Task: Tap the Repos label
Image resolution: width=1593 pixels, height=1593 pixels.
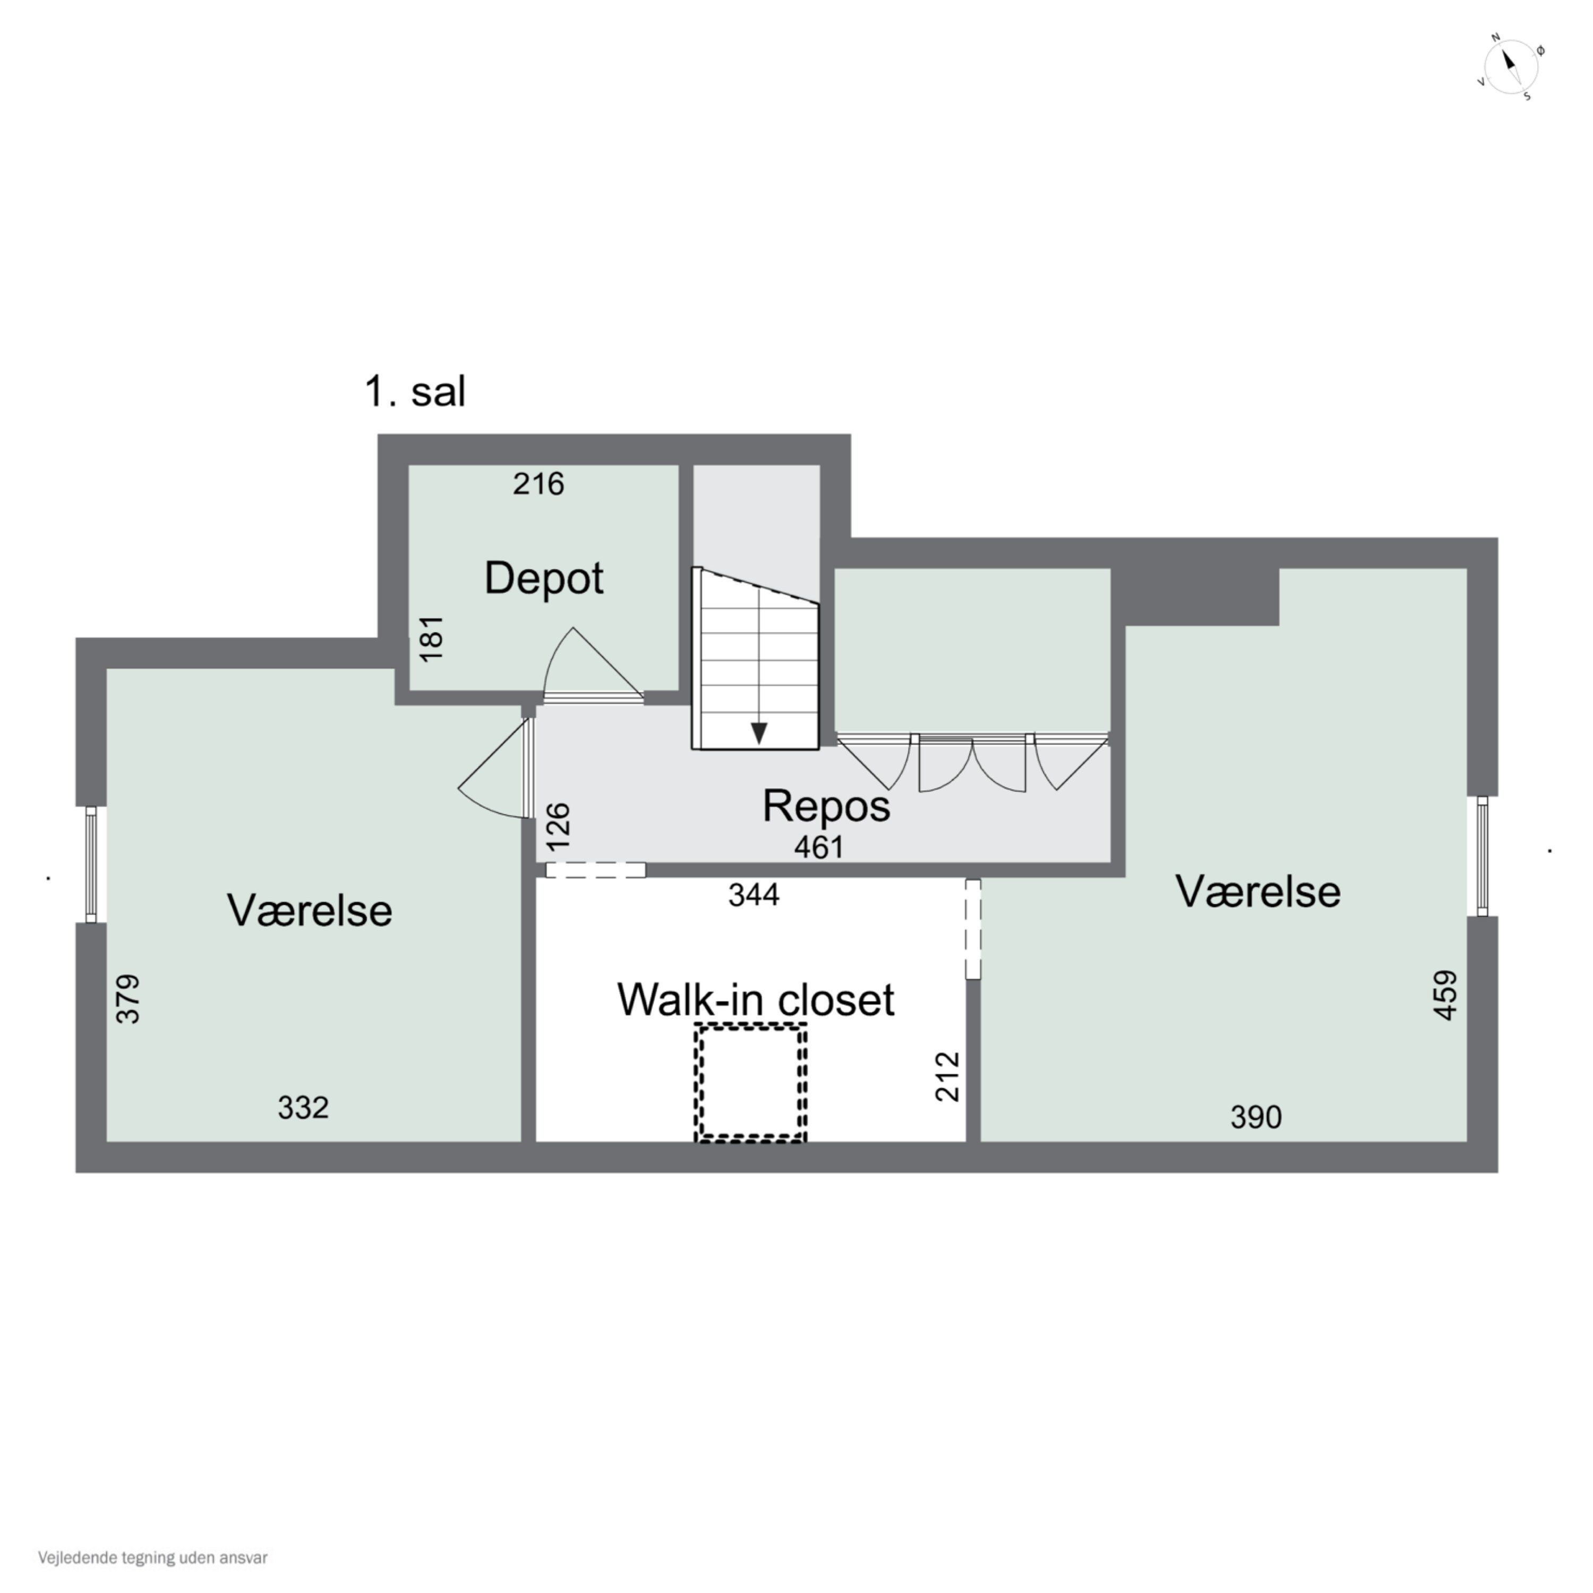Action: [x=826, y=806]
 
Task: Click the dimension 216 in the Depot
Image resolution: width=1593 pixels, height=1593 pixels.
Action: [x=538, y=484]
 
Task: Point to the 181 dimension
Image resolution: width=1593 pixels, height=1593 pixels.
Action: [x=431, y=638]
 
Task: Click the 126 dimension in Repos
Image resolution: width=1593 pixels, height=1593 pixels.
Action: [x=558, y=826]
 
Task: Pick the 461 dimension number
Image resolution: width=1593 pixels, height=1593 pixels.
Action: [x=819, y=847]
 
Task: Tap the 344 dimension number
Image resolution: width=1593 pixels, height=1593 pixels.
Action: [x=753, y=895]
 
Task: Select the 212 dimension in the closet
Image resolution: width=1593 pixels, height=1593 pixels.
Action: [x=948, y=1077]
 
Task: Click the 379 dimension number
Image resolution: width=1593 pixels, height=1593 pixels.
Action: [x=129, y=999]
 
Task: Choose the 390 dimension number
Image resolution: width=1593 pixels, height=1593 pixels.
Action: [x=1256, y=1117]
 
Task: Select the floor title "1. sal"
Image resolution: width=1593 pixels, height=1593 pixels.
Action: [x=415, y=392]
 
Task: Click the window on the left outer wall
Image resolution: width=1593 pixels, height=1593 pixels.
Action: [x=91, y=864]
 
